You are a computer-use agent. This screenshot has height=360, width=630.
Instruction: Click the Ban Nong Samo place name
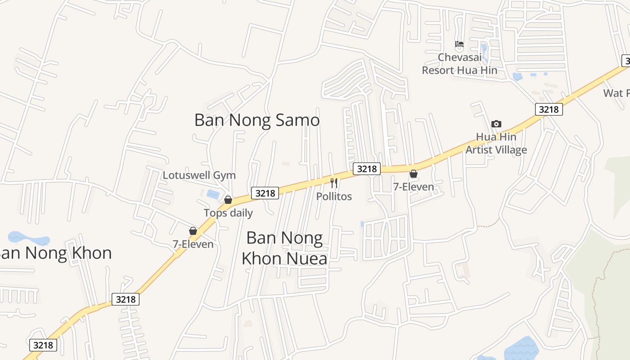pos(257,120)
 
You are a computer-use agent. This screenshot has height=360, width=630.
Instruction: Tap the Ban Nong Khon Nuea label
pos(284,248)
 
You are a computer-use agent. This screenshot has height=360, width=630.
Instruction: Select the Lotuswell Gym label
pos(199,175)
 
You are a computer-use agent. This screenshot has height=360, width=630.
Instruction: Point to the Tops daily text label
pos(228,213)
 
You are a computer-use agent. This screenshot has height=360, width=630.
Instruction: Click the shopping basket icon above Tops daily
pos(228,199)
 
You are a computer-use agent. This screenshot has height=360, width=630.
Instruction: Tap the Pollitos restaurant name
pos(334,196)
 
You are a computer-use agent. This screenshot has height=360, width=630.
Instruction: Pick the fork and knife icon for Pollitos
pos(334,183)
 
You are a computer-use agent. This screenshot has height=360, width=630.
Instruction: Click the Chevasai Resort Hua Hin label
pos(459,64)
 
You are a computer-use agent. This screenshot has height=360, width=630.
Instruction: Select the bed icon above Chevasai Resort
pos(459,44)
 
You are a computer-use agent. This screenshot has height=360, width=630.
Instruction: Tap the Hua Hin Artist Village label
pos(496,143)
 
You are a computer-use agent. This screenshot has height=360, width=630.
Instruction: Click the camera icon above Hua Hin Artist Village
pos(496,124)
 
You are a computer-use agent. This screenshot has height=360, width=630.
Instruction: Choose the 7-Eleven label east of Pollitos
pos(414,187)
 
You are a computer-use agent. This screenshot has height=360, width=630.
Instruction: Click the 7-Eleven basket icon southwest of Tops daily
pos(193,231)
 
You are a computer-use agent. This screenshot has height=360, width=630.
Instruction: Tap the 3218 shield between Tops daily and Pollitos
pos(265,193)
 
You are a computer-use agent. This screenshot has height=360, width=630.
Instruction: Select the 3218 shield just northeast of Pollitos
pos(367,169)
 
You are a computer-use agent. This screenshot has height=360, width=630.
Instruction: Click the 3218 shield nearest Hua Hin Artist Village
pos(549,109)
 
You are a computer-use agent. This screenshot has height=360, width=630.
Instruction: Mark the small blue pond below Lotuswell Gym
pos(213,194)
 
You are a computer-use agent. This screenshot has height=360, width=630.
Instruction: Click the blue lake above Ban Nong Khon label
pos(28,238)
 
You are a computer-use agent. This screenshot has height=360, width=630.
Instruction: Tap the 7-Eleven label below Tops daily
pos(193,244)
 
